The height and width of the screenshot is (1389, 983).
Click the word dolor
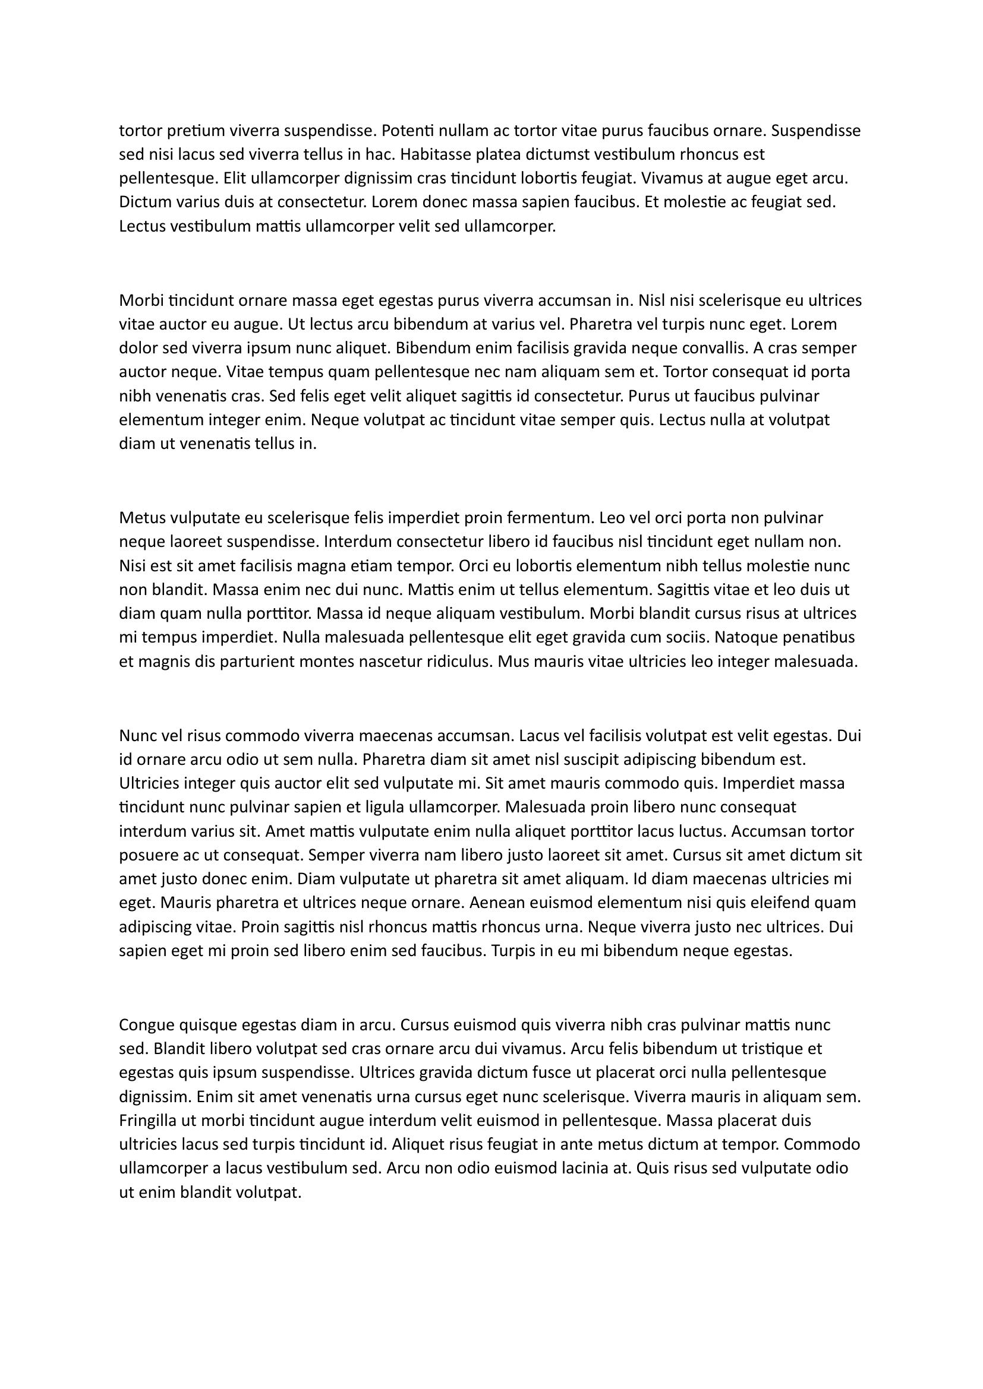click(x=137, y=348)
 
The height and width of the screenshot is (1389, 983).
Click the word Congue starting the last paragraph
click(x=143, y=1026)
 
